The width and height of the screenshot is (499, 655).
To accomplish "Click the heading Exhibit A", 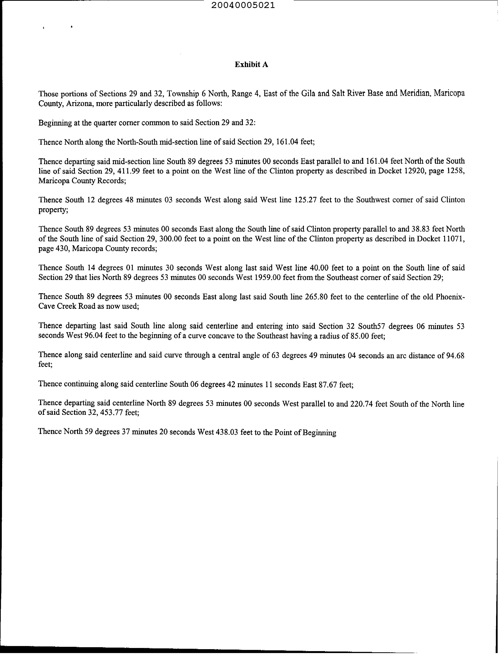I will [x=251, y=65].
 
